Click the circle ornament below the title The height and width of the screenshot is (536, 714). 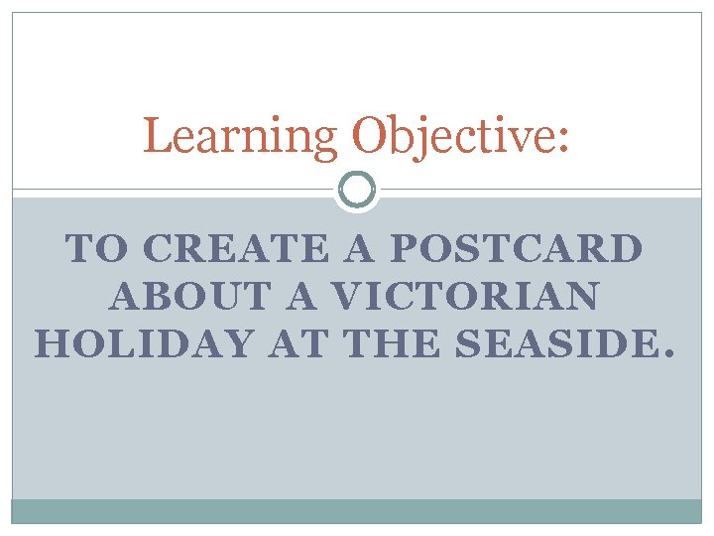[357, 189]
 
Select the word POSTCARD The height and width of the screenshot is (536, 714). [516, 249]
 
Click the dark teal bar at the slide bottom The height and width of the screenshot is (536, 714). [357, 510]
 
